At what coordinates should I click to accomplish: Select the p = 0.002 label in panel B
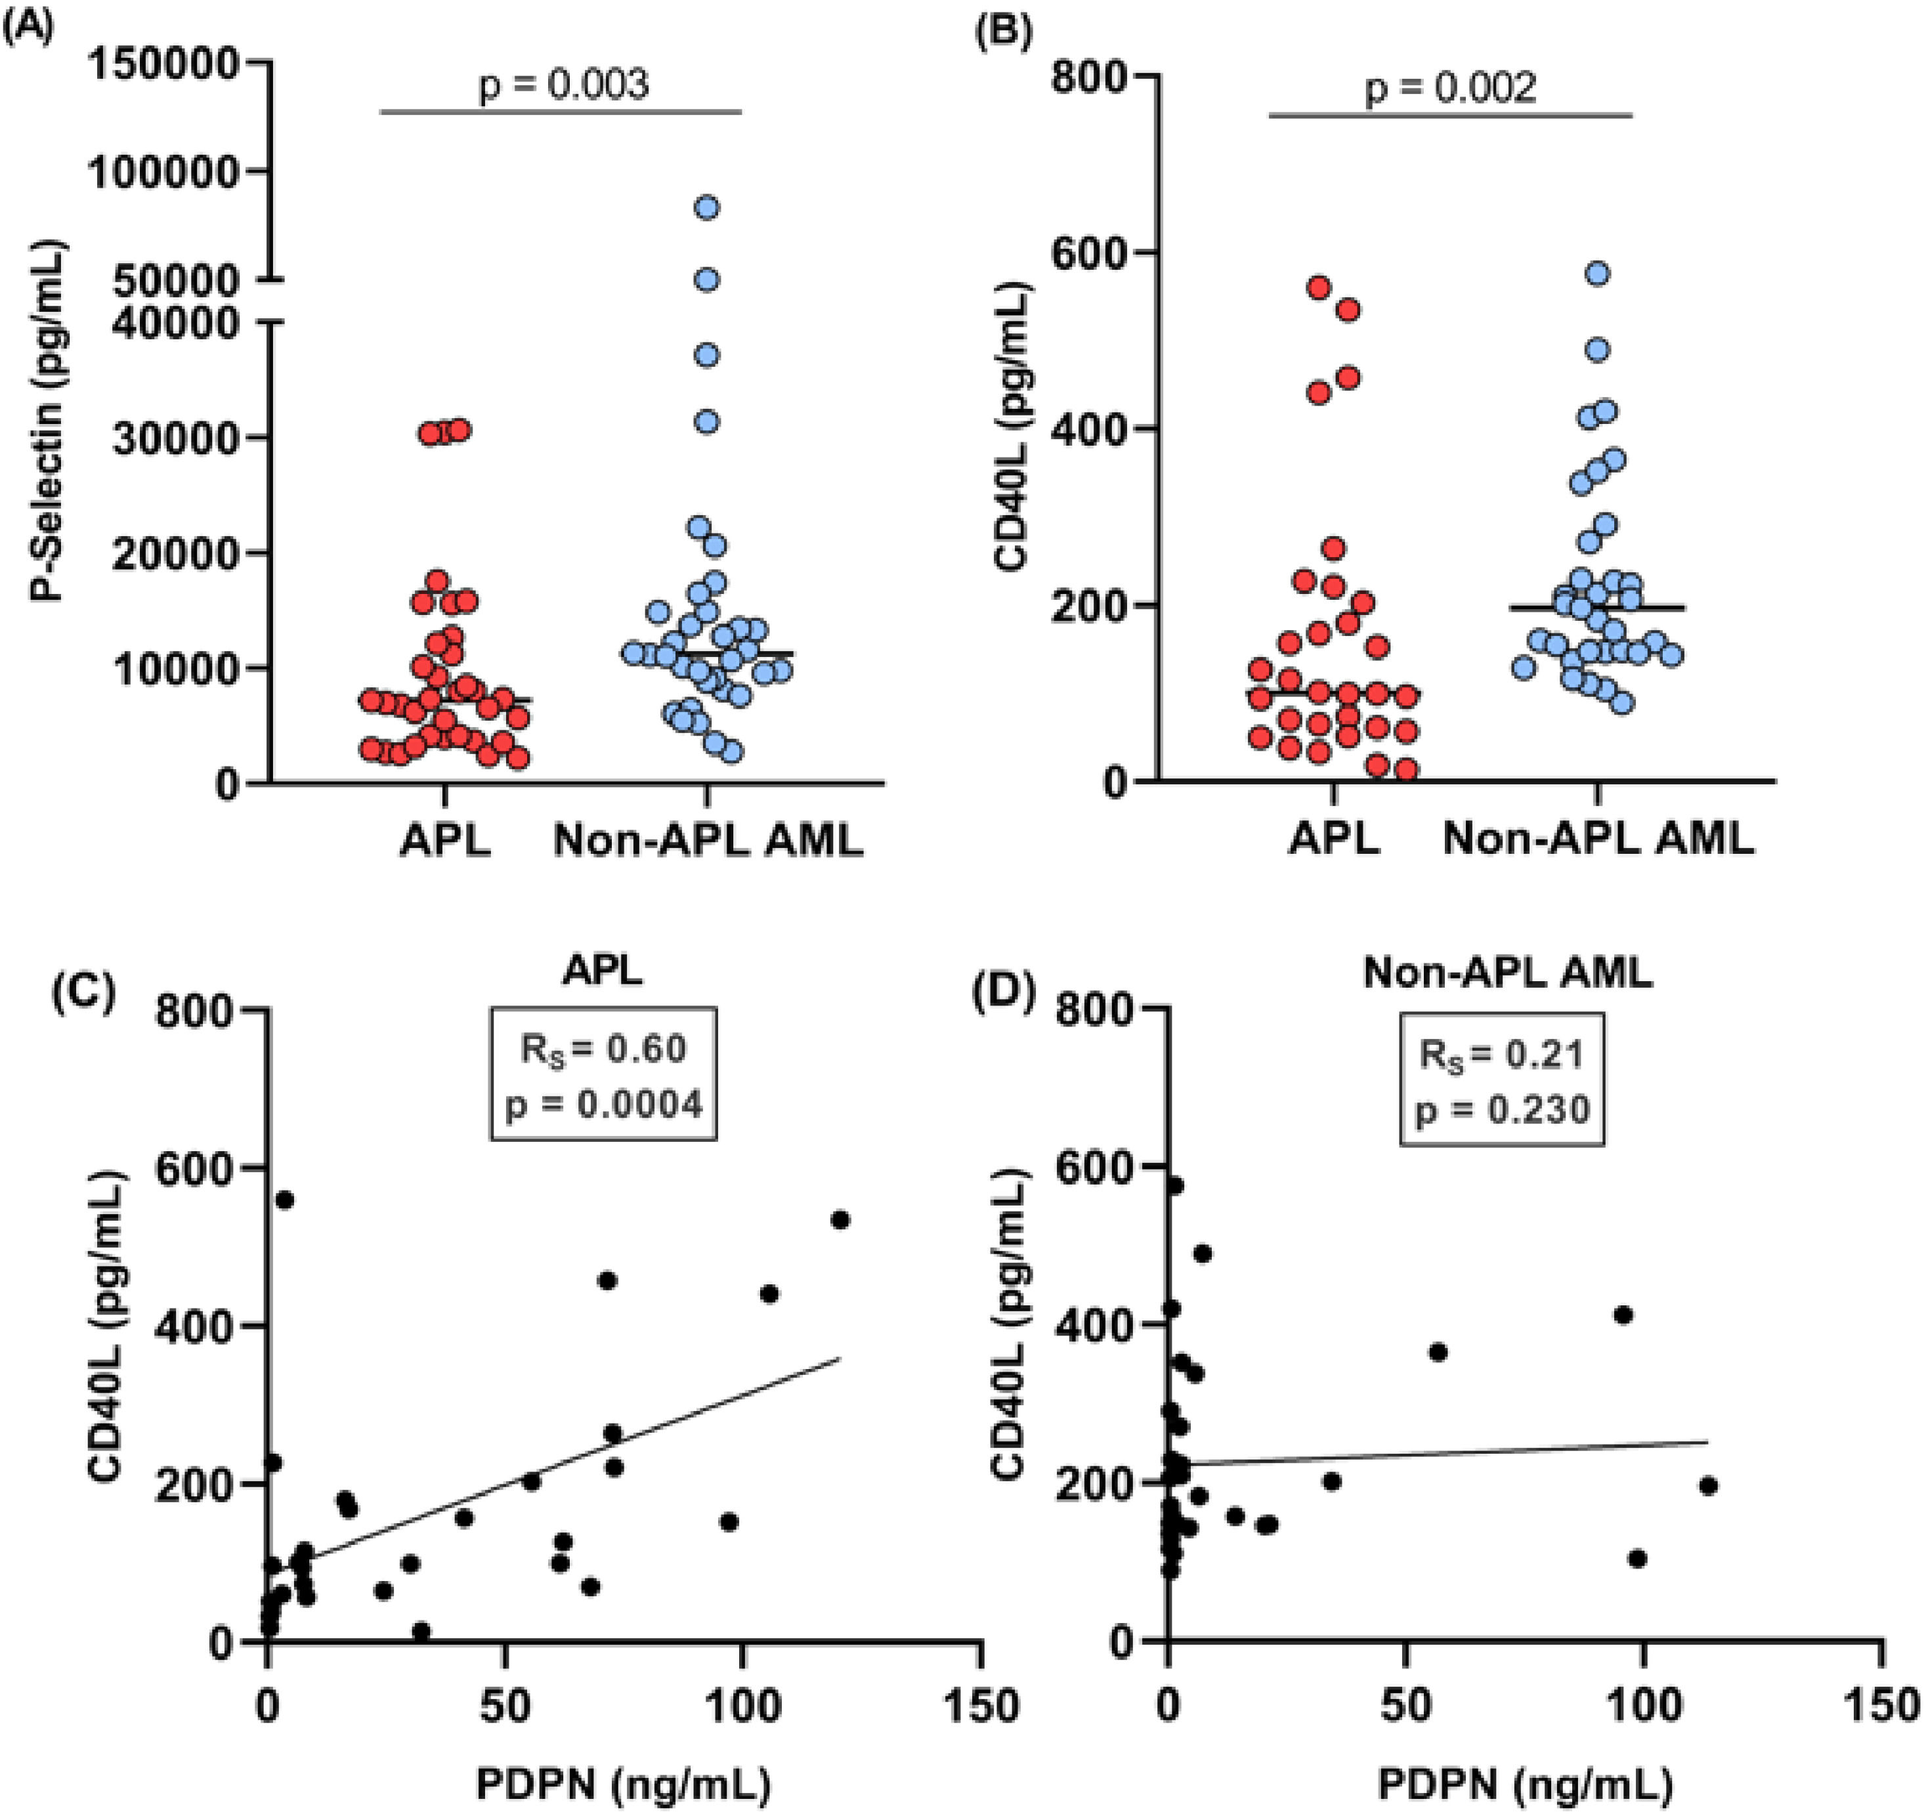[1450, 88]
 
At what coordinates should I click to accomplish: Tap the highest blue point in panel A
[707, 208]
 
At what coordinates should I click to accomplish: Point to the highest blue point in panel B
[1598, 273]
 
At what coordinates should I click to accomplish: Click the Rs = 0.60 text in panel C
[603, 1049]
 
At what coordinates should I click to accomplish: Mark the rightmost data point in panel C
[840, 1220]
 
